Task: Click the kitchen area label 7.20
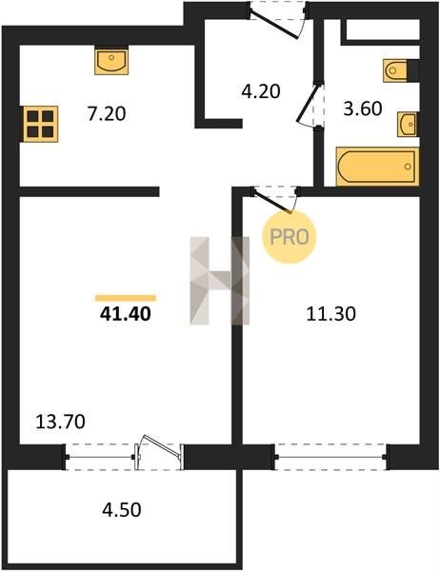coord(107,113)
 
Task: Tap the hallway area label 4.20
coord(261,91)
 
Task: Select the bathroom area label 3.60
coord(363,108)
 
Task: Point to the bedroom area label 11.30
coord(331,314)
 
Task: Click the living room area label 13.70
coord(61,422)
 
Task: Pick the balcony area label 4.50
coord(121,510)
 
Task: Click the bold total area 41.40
coord(125,314)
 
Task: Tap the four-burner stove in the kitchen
coord(40,124)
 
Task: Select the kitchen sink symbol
coord(111,61)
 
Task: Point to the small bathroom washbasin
coord(407,125)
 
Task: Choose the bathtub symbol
coord(377,167)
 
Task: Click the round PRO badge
coord(290,237)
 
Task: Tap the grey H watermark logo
coord(220,281)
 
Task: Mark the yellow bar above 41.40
coord(126,298)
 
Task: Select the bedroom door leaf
coord(272,202)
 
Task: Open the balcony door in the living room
coord(159,453)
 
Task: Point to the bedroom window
coord(330,457)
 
